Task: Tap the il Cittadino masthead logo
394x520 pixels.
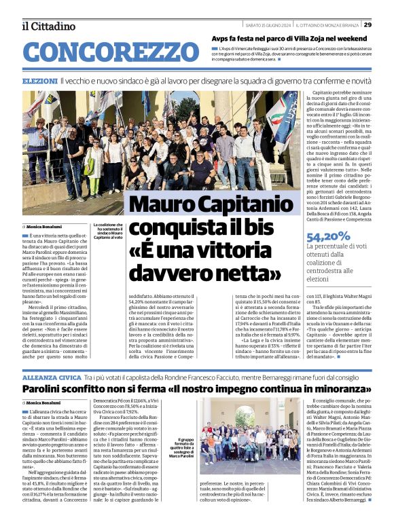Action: click(48, 26)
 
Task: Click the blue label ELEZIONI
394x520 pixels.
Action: click(39, 81)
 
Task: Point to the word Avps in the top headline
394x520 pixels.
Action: click(223, 39)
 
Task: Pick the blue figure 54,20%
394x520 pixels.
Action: click(329, 237)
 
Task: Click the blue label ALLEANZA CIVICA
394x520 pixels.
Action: click(52, 377)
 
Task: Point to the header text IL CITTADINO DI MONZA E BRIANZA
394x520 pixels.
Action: click(327, 26)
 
